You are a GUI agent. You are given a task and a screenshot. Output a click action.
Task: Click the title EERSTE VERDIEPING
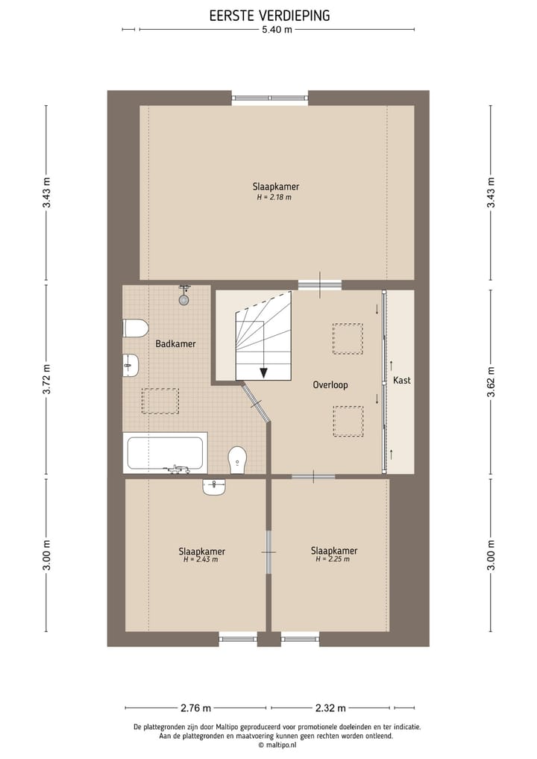pyautogui.click(x=269, y=16)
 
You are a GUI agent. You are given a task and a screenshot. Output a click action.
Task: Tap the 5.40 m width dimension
pyautogui.click(x=277, y=30)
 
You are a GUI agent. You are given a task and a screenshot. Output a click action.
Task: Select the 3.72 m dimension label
pyautogui.click(x=46, y=379)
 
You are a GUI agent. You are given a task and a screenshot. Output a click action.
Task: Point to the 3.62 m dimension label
pyautogui.click(x=491, y=381)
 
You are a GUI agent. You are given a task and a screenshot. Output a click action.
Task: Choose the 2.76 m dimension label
pyautogui.click(x=196, y=708)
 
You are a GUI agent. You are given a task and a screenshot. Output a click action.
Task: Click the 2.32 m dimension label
pyautogui.click(x=330, y=708)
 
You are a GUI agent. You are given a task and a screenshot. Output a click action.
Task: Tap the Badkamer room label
pyautogui.click(x=175, y=344)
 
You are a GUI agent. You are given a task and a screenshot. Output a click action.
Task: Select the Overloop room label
pyautogui.click(x=330, y=385)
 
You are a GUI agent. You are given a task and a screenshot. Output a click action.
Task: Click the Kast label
pyautogui.click(x=401, y=381)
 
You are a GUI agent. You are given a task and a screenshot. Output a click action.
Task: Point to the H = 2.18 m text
pyautogui.click(x=274, y=198)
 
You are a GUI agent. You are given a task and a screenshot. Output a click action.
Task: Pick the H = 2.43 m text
pyautogui.click(x=201, y=560)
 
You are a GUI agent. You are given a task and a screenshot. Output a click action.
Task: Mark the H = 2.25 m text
pyautogui.click(x=333, y=559)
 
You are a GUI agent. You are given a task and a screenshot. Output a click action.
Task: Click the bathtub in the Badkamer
pyautogui.click(x=166, y=453)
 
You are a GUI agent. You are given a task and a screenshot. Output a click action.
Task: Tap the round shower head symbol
pyautogui.click(x=183, y=300)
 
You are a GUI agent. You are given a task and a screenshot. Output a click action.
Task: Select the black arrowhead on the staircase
pyautogui.click(x=264, y=372)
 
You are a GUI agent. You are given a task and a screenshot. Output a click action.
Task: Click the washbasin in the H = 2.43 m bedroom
pyautogui.click(x=214, y=487)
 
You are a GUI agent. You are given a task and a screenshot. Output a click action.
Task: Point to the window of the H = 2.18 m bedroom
pyautogui.click(x=270, y=98)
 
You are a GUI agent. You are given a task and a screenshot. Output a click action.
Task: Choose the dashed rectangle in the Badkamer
pyautogui.click(x=160, y=401)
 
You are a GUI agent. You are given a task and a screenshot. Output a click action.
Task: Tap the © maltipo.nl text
pyautogui.click(x=277, y=746)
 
